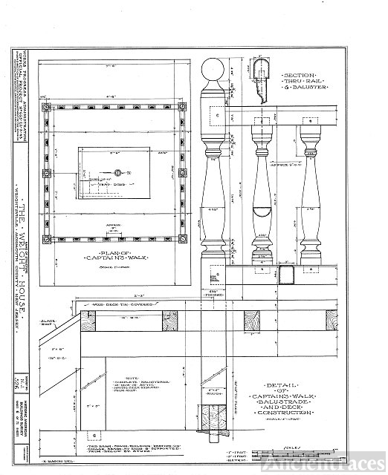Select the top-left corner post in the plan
click(47, 107)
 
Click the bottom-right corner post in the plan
click(184, 239)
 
